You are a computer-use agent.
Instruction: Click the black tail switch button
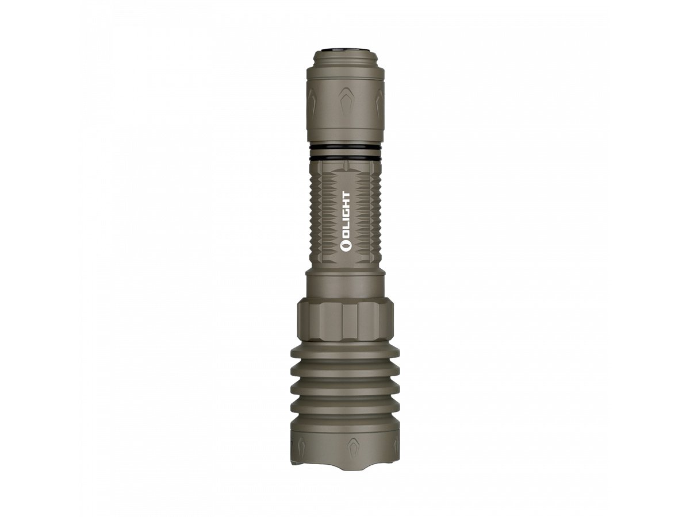[x=345, y=49]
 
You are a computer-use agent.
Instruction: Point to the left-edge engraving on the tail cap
[x=312, y=103]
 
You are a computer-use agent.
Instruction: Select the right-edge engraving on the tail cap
[x=379, y=103]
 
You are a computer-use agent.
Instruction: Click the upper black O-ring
[x=345, y=148]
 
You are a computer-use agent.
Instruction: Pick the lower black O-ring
[x=345, y=158]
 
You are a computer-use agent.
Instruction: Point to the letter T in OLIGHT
[x=345, y=195]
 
